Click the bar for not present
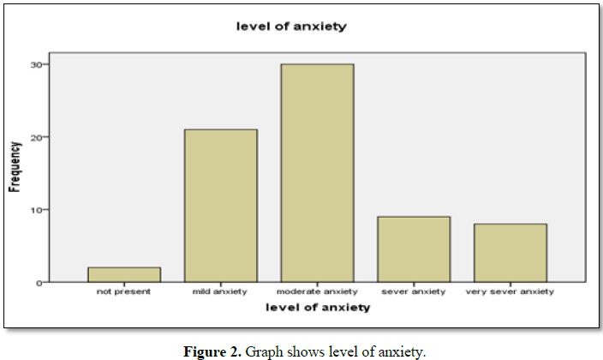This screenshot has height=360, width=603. (x=123, y=274)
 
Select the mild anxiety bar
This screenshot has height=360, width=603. (x=220, y=206)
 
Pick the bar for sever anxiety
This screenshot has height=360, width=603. (x=414, y=249)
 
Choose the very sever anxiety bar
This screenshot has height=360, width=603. (x=510, y=253)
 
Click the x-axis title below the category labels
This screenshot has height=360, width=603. (x=317, y=307)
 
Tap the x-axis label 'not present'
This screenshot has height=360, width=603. (x=123, y=292)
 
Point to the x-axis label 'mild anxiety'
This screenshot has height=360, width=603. (x=220, y=292)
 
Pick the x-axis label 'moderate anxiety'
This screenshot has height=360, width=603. (x=317, y=292)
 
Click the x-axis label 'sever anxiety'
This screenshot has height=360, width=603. (x=414, y=292)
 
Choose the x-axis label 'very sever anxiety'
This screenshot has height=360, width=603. (x=510, y=292)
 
